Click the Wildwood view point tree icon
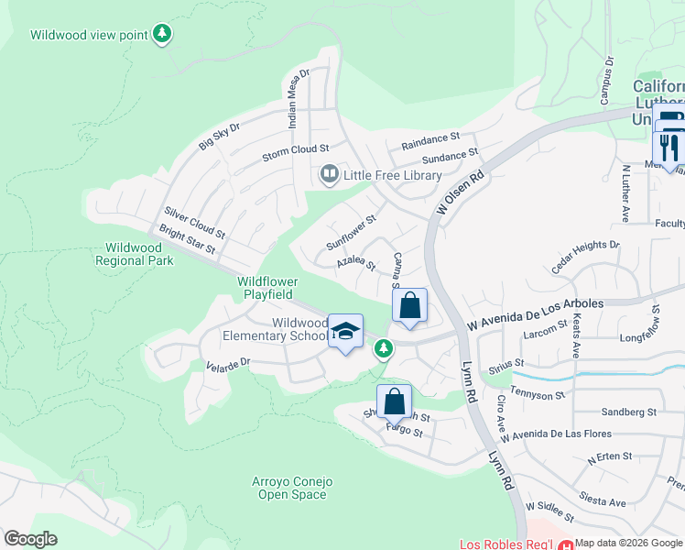(162, 34)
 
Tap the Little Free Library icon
(327, 173)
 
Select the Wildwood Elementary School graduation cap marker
(345, 332)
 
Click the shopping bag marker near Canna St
(409, 305)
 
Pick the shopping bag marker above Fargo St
(394, 401)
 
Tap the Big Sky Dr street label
(220, 137)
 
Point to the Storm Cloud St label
(295, 149)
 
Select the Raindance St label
(429, 140)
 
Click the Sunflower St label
(352, 233)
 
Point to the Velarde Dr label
(229, 365)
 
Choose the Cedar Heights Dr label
(586, 258)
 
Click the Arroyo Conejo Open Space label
(292, 488)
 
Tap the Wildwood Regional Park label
(134, 254)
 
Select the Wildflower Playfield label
(266, 288)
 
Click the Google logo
(30, 538)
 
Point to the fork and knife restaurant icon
(669, 146)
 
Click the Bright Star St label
(187, 240)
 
